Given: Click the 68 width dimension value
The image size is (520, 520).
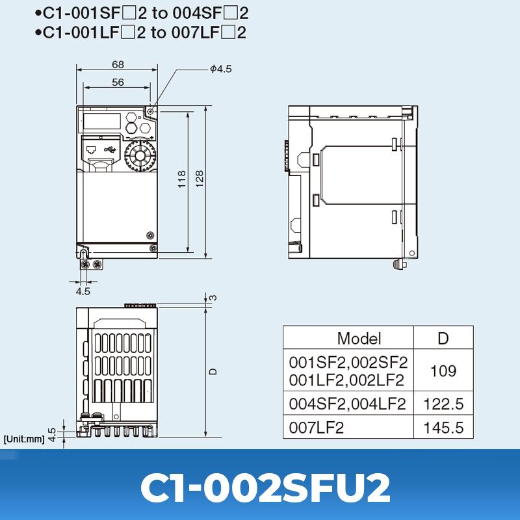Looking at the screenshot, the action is pos(118,64).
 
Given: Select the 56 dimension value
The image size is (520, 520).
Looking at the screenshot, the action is pos(118,83).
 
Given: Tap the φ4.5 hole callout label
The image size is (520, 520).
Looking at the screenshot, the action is pos(221,69).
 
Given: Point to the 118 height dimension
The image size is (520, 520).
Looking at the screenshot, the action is pos(182,179).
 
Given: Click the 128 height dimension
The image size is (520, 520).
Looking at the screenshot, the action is pos(200,179).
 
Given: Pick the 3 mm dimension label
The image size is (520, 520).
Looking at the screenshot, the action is pos(214,298).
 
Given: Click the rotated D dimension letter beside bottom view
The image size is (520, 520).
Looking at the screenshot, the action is pos(213,371).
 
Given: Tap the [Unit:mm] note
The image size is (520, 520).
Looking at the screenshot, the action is pos(24,439).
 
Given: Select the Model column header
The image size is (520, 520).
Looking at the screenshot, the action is pos(359,339).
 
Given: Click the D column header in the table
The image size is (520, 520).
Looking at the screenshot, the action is pos(443,339).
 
